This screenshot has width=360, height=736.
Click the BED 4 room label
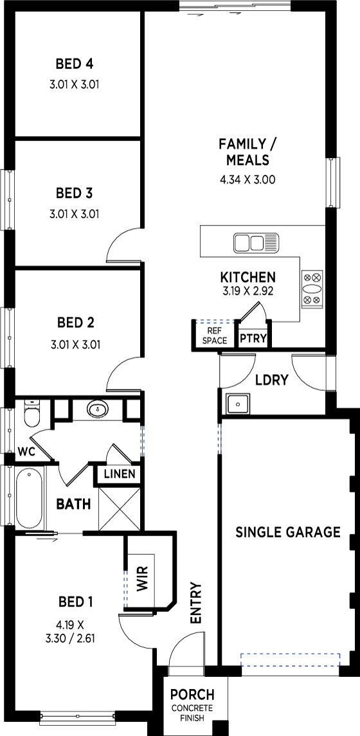[74, 63]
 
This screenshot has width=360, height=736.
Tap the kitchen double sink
[256, 243]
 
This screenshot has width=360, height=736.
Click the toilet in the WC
[32, 413]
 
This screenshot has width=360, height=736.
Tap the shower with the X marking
[120, 509]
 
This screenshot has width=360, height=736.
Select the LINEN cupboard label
[120, 474]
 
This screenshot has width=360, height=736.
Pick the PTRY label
[253, 338]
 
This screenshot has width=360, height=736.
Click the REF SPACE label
[215, 337]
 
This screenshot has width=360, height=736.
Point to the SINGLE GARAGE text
[288, 532]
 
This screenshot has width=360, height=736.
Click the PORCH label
[192, 694]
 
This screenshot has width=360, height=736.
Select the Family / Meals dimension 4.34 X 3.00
[248, 179]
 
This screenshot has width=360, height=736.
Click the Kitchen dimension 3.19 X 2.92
[248, 291]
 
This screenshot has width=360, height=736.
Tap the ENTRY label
[195, 603]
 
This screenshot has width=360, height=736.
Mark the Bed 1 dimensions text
[75, 631]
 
